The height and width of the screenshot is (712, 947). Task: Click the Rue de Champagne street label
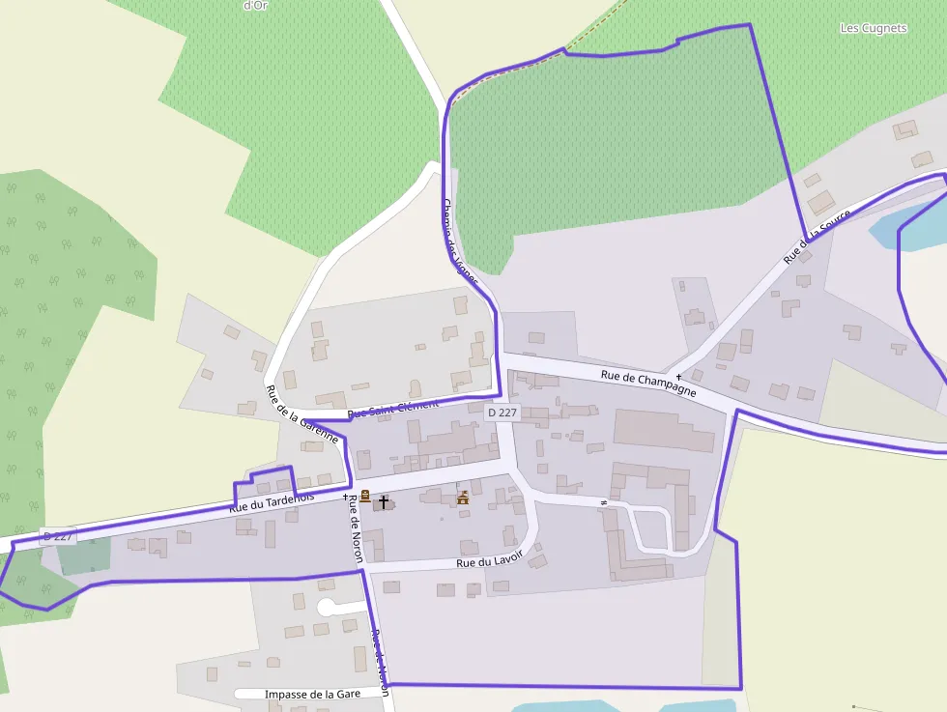coord(648,384)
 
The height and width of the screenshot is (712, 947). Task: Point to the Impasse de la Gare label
coord(300,694)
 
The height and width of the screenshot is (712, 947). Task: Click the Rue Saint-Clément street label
coord(392,409)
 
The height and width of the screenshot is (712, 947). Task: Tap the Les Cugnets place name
coord(874,28)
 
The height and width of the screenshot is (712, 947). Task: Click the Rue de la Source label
coord(817,236)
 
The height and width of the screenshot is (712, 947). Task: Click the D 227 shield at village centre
coord(502,413)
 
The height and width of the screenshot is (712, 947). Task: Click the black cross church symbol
coord(384,501)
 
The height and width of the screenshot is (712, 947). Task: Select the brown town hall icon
coord(463,498)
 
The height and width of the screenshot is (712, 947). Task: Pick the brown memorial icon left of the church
coord(365,497)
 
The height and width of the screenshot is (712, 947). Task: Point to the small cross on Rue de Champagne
coord(678,376)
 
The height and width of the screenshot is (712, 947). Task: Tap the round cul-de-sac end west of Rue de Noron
coord(326,608)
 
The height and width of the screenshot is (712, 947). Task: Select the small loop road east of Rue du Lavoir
coord(649,527)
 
